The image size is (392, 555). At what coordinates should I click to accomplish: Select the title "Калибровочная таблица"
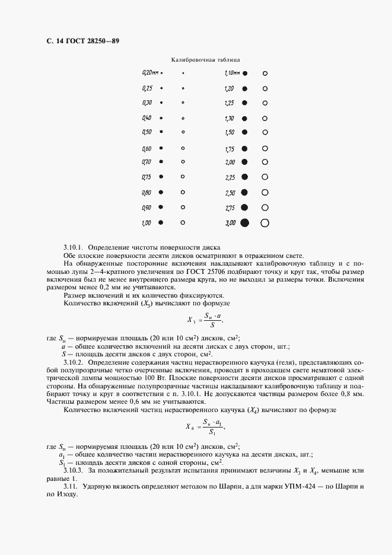(205, 60)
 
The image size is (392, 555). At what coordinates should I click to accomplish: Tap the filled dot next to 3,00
(244, 223)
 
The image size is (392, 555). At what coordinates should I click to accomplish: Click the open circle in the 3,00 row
(265, 223)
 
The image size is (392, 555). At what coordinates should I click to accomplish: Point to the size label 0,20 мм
(150, 73)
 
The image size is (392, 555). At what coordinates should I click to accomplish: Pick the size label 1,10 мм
(231, 73)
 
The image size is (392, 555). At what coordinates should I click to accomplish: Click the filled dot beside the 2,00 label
(244, 162)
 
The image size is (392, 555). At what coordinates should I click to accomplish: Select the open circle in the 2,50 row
(265, 193)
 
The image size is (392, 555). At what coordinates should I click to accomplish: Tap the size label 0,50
(147, 132)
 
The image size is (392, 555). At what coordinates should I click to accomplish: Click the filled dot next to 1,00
(161, 223)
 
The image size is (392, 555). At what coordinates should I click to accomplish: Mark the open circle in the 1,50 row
(265, 132)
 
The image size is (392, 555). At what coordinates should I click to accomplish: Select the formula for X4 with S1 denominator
(205, 426)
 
